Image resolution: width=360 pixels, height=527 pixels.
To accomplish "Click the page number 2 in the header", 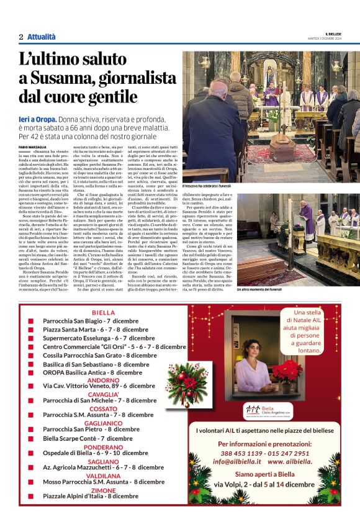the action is (x=21, y=37).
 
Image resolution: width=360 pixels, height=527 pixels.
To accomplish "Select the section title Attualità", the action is (x=41, y=37).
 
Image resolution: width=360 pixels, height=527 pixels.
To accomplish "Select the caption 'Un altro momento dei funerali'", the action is (x=258, y=289).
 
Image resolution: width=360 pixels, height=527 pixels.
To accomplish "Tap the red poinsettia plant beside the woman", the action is (x=287, y=371).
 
